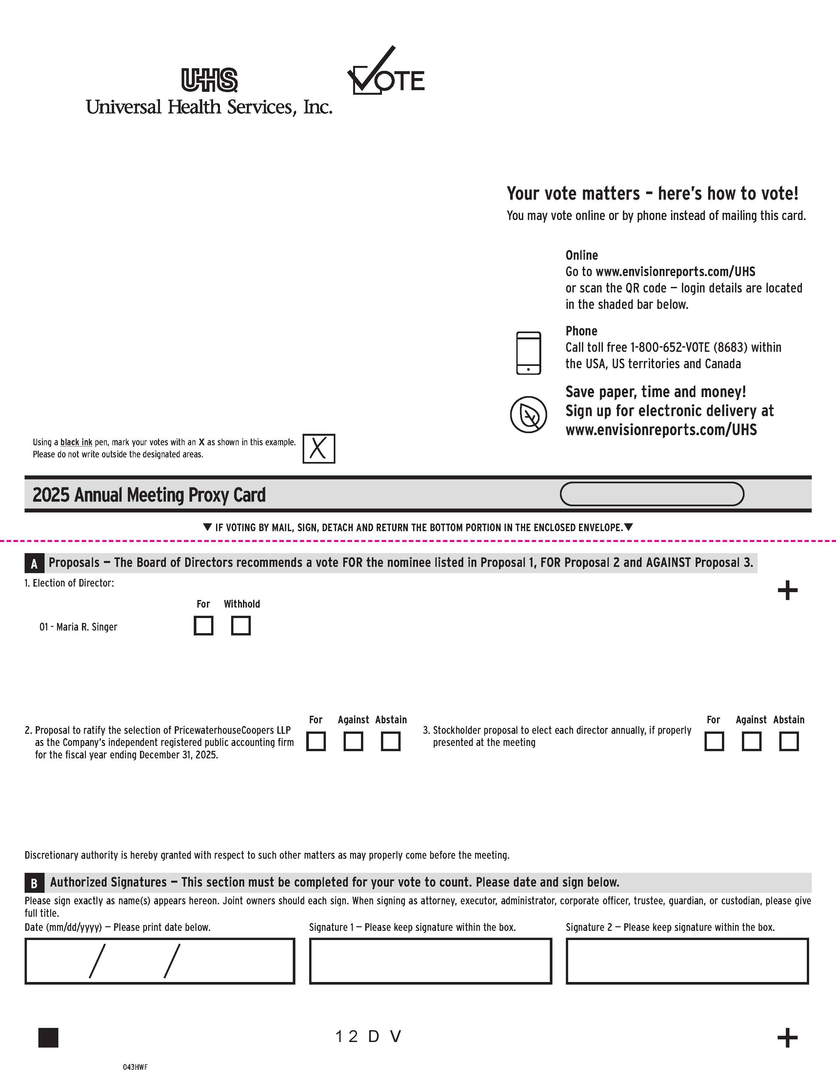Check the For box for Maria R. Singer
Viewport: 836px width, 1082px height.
(x=204, y=626)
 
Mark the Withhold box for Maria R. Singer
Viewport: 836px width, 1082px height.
(x=241, y=626)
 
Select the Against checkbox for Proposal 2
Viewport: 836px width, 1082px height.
(x=353, y=742)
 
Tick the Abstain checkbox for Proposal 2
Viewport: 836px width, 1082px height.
(x=391, y=742)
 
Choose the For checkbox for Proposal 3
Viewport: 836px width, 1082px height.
(x=714, y=742)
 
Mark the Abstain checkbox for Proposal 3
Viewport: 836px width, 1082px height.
(x=789, y=742)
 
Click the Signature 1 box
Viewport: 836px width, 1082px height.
(x=430, y=961)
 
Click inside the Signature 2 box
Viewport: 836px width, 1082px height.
(x=687, y=961)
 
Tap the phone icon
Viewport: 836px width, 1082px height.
(x=528, y=353)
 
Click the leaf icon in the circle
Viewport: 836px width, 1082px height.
(x=528, y=414)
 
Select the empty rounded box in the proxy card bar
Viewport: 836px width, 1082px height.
(x=652, y=494)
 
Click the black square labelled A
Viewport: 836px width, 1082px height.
(x=34, y=563)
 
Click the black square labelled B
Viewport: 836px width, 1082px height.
(x=34, y=883)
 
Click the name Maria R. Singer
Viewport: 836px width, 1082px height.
(x=87, y=627)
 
